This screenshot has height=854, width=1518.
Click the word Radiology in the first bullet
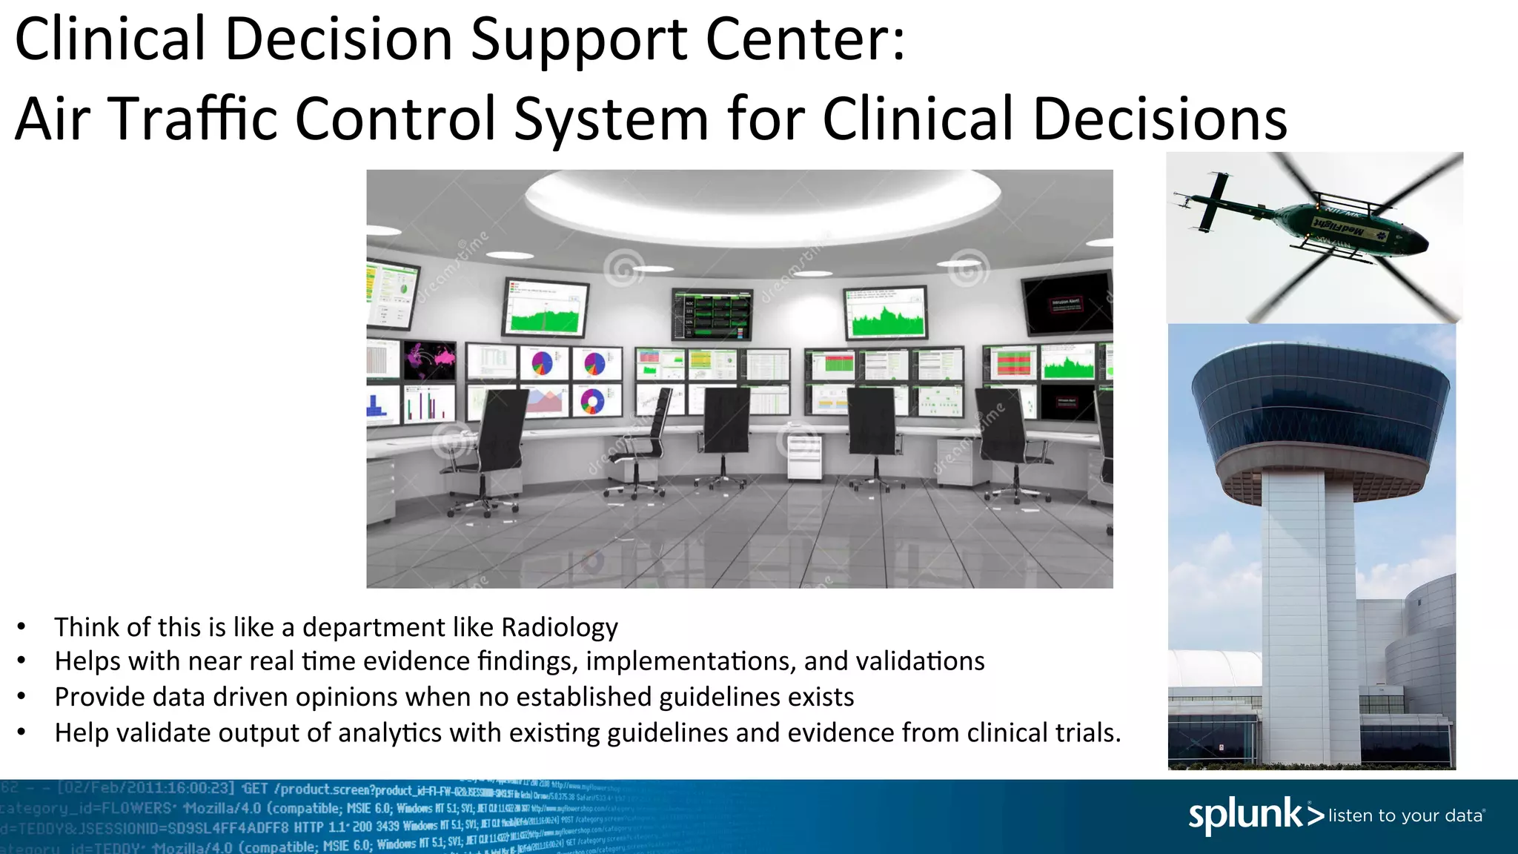(559, 628)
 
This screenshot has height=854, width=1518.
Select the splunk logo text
(1245, 815)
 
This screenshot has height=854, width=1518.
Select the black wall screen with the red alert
(1067, 303)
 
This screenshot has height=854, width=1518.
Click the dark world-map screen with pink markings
(430, 360)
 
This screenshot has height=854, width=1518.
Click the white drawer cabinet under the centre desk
(803, 457)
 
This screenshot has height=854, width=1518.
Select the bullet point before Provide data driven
(22, 697)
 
